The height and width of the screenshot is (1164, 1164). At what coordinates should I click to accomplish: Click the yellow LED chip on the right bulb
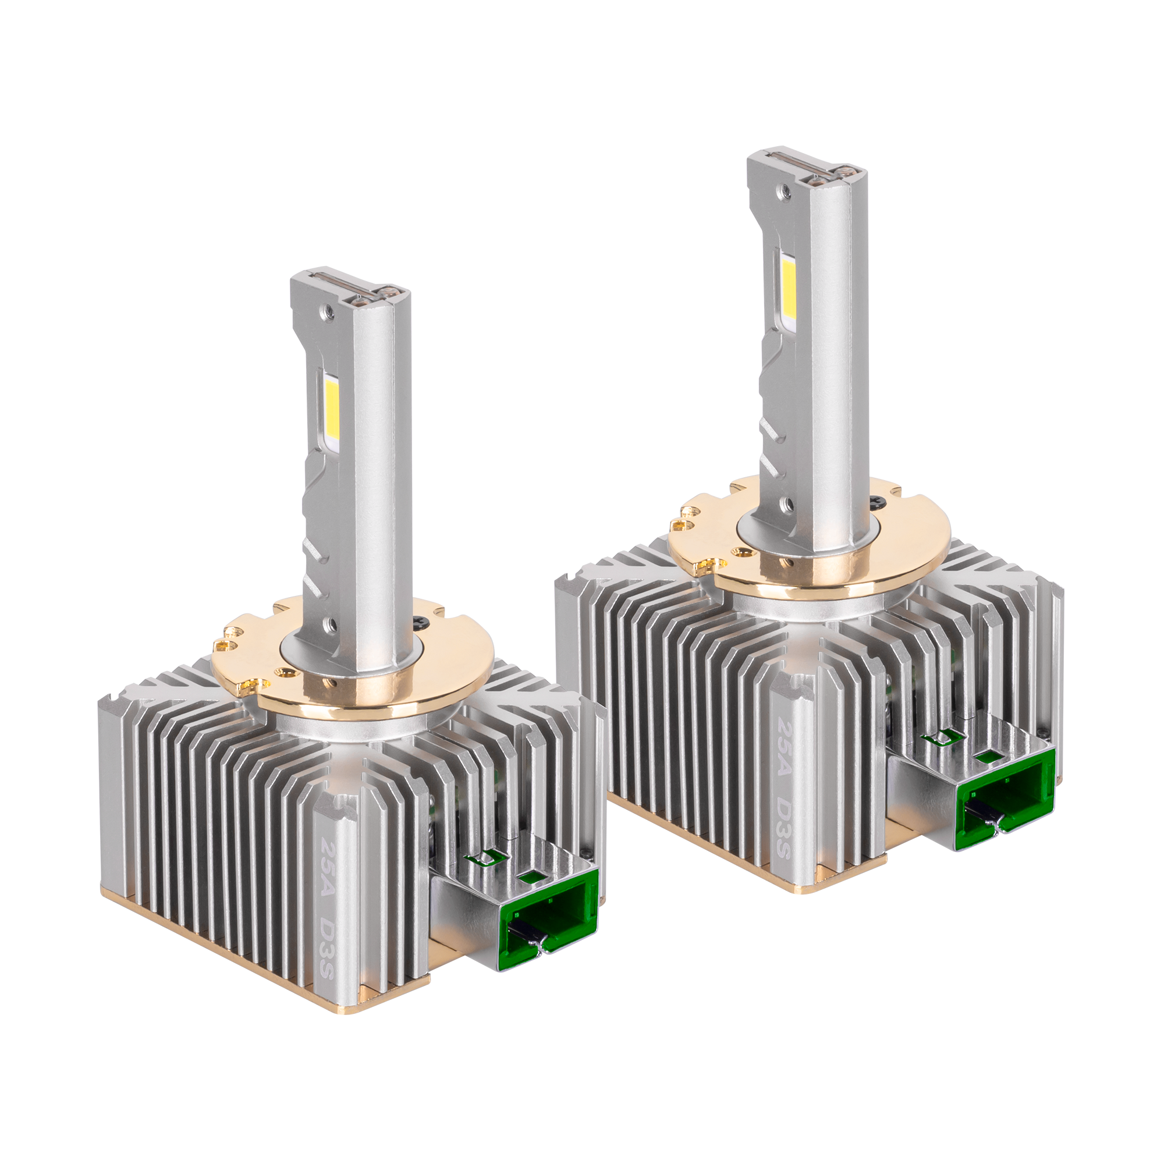point(788,290)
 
